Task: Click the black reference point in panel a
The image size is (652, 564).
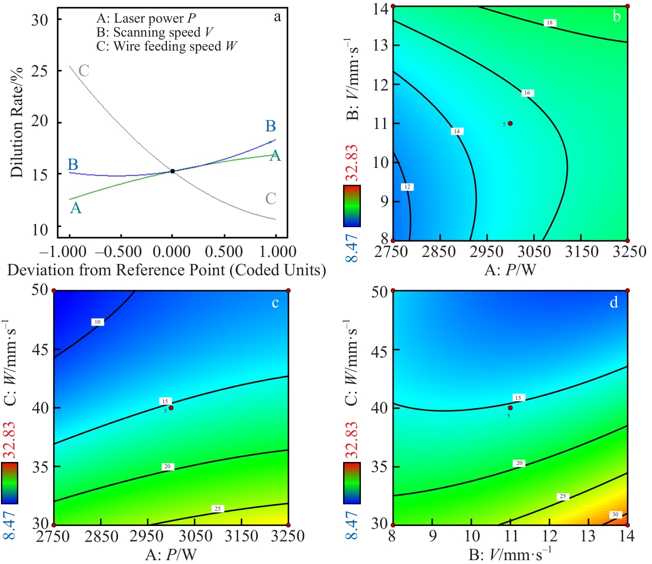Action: point(172,171)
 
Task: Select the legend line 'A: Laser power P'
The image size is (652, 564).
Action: point(146,19)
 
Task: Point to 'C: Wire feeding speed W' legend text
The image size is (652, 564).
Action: point(166,47)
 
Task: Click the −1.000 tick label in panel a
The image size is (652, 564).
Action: point(63,252)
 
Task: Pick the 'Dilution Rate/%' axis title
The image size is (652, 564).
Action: point(17,123)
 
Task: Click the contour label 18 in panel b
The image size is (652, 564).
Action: point(550,23)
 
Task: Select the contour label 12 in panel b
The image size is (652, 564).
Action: point(407,187)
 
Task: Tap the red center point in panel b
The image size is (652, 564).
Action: point(510,123)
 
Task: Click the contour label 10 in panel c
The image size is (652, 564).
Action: point(97,322)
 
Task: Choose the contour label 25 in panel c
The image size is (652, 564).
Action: point(217,509)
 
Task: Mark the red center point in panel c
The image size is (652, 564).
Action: point(171,408)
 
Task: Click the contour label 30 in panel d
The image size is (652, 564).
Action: point(615,514)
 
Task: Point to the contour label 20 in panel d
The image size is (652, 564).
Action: point(519,463)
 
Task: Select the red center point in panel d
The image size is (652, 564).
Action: point(510,408)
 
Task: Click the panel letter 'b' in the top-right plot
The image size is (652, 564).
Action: point(616,17)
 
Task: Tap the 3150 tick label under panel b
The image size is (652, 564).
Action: point(582,252)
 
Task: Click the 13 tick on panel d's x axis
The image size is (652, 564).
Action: point(588,536)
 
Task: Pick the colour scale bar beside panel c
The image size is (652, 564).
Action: point(10,483)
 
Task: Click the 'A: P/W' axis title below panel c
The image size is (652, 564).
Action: point(171,555)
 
